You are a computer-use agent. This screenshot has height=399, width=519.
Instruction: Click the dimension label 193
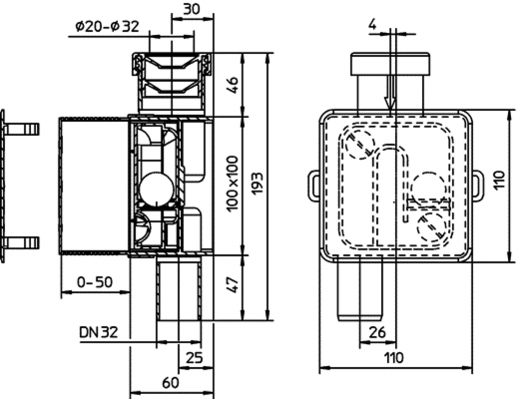pos(257,184)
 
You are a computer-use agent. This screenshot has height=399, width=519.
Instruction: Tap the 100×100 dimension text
pos(233,184)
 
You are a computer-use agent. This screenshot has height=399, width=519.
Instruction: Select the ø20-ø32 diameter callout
pos(107,27)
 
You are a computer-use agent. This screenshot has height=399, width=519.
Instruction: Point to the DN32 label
pos(98,332)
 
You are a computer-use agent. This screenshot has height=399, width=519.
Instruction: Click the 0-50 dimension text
pos(95,282)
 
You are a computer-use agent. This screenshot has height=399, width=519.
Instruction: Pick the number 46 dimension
pos(233,85)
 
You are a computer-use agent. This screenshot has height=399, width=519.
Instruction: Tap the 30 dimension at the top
pos(192,9)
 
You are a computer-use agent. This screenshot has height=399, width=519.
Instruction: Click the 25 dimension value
pos(194,358)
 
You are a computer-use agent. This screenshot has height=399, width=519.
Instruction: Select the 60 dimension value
pos(171,383)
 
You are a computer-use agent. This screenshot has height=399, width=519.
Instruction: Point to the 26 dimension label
pos(377,332)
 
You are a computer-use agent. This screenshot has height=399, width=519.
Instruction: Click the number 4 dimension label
pos(373,25)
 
